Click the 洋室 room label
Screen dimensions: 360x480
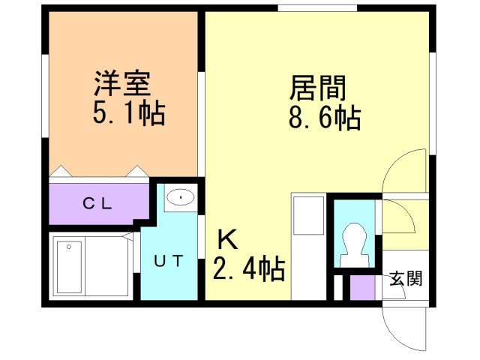coord(123,83)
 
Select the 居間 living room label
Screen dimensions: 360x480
coord(318,88)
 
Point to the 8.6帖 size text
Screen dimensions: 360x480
coord(323,118)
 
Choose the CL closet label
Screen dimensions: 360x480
coord(97,202)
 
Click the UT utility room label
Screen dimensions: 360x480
coord(169,260)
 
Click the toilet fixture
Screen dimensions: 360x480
coord(352,244)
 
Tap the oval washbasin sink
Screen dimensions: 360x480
coord(180,198)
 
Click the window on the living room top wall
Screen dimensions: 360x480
coord(316,9)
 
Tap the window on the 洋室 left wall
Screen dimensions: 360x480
coord(44,97)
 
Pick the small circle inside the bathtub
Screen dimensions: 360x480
coord(68,246)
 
